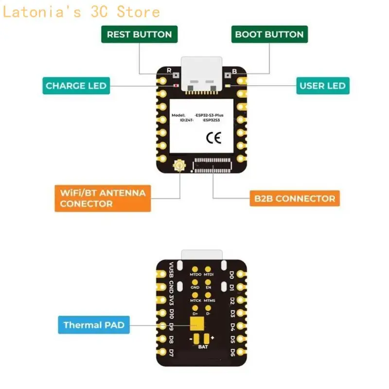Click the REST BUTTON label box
click(x=139, y=35)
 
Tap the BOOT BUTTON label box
click(x=269, y=35)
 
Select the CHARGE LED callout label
click(x=76, y=86)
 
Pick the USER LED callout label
click(x=322, y=86)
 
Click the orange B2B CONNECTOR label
click(x=295, y=198)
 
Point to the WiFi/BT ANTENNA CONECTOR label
click(x=103, y=198)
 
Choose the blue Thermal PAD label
click(x=94, y=325)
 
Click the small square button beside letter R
click(x=176, y=76)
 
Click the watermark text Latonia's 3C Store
click(x=81, y=12)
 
